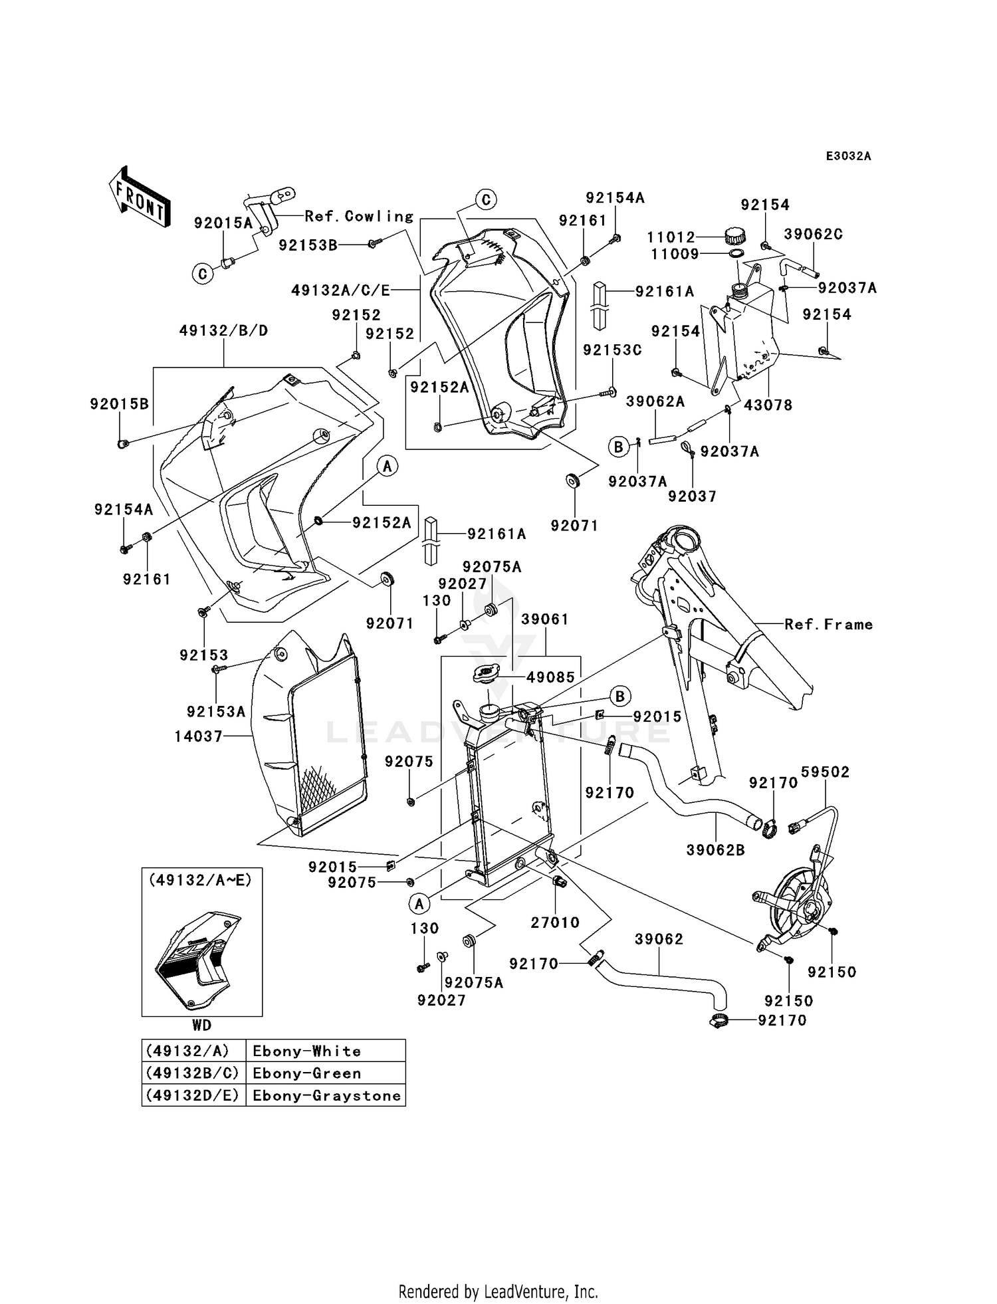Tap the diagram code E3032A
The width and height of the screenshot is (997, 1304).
point(848,156)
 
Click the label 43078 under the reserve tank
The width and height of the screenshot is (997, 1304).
point(768,405)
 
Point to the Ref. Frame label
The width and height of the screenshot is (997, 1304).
point(828,624)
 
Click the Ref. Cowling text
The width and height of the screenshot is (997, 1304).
point(359,216)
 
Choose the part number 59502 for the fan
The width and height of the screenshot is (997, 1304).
point(825,772)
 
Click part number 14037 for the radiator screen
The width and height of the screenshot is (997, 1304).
point(198,736)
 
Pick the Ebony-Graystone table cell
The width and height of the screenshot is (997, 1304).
point(326,1095)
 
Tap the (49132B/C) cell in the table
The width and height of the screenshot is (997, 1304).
point(193,1073)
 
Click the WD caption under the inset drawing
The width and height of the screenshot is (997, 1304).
point(202,1025)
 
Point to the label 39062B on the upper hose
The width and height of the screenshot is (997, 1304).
point(716,849)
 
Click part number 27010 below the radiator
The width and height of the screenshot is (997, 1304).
point(555,922)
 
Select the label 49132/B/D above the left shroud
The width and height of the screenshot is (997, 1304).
point(223,331)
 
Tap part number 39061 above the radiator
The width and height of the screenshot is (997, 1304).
point(545,619)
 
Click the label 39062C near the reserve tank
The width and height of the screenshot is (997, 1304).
point(814,234)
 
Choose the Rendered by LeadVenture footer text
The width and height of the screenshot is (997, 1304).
point(498,1291)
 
